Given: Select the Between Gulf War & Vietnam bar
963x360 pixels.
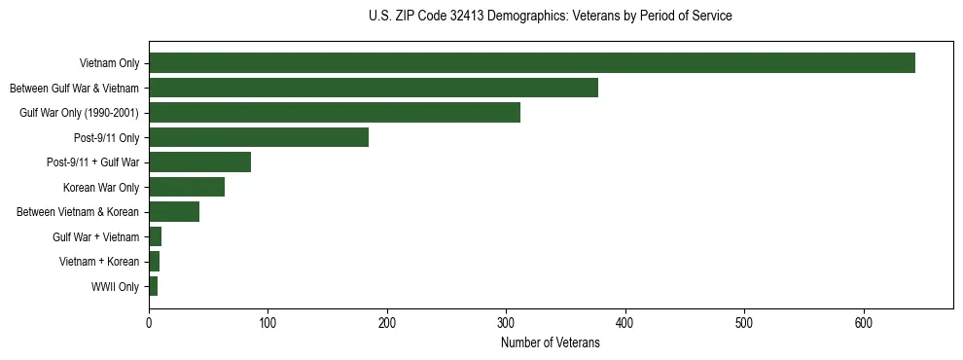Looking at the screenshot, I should [x=373, y=88].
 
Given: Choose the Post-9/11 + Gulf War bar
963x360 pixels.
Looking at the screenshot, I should [x=199, y=162].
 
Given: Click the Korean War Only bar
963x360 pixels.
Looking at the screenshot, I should [x=186, y=187].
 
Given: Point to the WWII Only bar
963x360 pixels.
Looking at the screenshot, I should [x=153, y=286].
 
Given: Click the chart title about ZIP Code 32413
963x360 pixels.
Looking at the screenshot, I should [x=551, y=16].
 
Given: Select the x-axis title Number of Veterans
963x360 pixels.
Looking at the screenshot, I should [x=551, y=343].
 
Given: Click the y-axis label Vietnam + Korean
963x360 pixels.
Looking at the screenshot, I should [x=99, y=262].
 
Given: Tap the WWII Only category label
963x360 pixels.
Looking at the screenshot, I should [x=115, y=287].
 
